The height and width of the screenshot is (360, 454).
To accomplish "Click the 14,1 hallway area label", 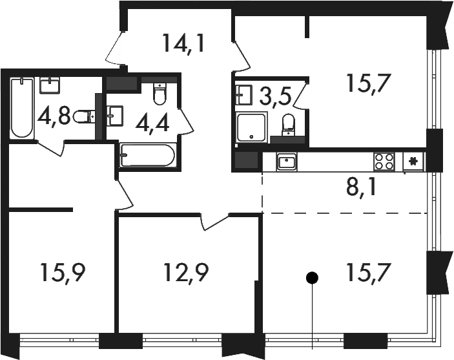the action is click(x=184, y=43).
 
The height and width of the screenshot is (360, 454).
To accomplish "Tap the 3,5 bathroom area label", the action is click(x=274, y=96).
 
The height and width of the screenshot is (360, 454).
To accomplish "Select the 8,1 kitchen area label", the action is click(x=362, y=188).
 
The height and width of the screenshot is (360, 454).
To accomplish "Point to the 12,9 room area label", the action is click(x=186, y=273).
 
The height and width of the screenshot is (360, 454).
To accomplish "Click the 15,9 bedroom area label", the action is click(x=63, y=273).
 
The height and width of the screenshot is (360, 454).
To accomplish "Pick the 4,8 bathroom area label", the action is click(x=54, y=117).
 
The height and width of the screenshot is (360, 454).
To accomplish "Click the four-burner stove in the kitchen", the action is click(x=384, y=162).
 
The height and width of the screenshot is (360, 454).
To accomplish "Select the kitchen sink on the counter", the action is click(x=286, y=162).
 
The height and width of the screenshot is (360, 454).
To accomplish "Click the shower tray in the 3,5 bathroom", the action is click(x=251, y=128).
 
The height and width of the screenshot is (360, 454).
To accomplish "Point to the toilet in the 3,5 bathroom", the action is click(x=288, y=125).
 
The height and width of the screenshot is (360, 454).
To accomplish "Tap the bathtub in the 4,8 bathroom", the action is click(x=22, y=107).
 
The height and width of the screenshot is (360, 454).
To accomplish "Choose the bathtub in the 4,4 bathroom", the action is click(x=148, y=155).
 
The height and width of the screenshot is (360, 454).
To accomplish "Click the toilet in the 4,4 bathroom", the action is click(x=160, y=93).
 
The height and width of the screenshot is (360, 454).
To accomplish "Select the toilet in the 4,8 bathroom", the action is click(x=84, y=117).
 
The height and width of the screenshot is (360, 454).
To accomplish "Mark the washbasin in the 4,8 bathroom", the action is click(x=50, y=85).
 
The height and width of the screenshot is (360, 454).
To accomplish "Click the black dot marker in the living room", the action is click(x=312, y=278).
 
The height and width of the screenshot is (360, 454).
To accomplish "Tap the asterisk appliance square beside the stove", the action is click(x=414, y=162).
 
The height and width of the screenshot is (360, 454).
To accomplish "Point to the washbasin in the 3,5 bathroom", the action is click(x=244, y=94).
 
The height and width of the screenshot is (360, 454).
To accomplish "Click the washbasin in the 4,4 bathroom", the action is click(x=115, y=116).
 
